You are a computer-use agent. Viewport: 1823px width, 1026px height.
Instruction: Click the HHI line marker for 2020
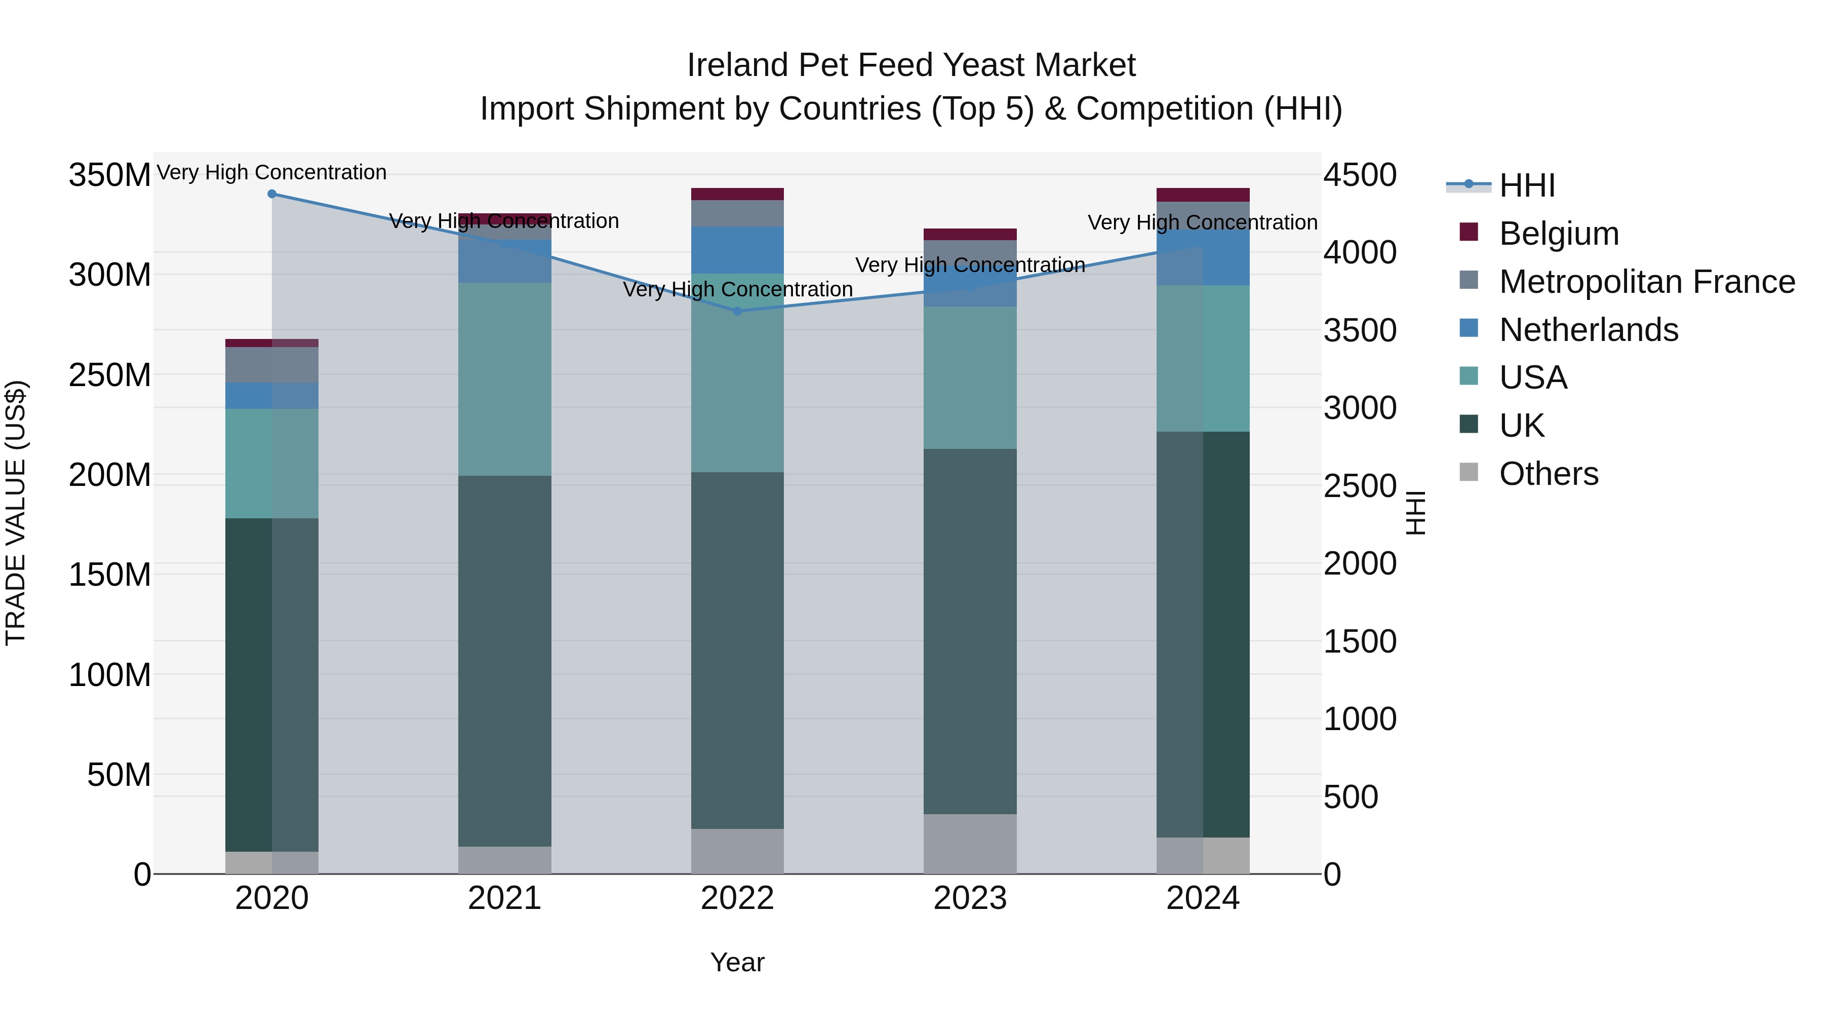[272, 194]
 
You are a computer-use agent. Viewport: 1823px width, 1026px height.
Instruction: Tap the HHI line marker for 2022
[737, 311]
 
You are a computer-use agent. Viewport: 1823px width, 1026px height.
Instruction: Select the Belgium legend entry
[1558, 234]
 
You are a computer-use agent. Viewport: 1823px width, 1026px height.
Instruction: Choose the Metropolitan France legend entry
[1646, 282]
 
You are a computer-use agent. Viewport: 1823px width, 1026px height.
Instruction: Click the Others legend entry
[1549, 474]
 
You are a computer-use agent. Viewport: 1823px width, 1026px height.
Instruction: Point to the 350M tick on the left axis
[110, 175]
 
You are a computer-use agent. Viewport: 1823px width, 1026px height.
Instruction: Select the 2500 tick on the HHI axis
[1360, 486]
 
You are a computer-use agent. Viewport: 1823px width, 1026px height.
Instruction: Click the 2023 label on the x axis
[970, 898]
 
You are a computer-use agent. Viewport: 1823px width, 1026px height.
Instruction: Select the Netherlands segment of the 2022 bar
[737, 250]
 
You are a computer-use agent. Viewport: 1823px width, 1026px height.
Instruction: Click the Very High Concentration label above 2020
[272, 172]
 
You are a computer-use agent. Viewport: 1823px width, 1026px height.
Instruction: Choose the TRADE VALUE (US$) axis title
[16, 513]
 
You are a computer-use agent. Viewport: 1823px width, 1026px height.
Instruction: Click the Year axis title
[737, 962]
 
